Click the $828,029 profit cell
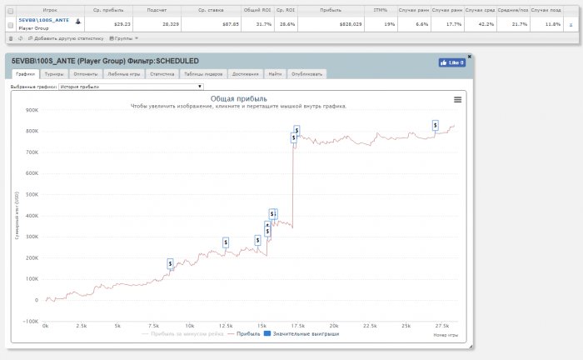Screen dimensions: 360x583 click(324, 25)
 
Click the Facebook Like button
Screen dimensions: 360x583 click(452, 62)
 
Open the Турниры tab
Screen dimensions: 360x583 click(53, 73)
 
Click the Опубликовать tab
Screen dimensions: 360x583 click(306, 73)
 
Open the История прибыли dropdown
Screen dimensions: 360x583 click(131, 86)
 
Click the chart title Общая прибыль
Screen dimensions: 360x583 click(238, 98)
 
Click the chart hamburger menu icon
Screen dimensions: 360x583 click(457, 99)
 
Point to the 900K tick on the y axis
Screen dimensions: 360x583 click(32, 110)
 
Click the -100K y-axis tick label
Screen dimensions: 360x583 click(31, 321)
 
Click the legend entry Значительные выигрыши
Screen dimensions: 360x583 click(298, 334)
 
